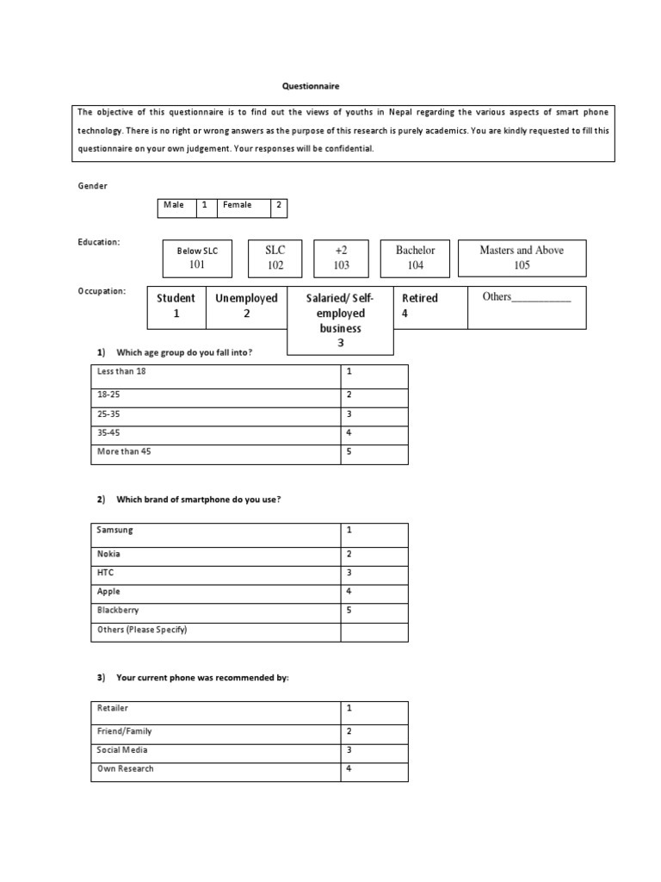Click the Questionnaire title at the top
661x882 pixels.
(312, 86)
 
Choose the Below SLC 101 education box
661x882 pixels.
(197, 258)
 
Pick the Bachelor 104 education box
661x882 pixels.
(415, 258)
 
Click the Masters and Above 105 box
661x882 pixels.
(522, 258)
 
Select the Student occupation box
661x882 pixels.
(176, 306)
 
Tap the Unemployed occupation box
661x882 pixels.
(246, 306)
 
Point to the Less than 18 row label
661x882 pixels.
(129, 371)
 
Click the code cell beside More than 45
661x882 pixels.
(374, 451)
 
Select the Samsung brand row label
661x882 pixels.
(115, 530)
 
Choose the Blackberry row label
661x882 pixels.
(119, 610)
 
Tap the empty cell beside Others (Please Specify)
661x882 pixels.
(374, 630)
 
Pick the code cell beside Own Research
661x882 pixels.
(374, 768)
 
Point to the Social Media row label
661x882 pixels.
(122, 750)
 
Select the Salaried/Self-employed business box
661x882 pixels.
(340, 320)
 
